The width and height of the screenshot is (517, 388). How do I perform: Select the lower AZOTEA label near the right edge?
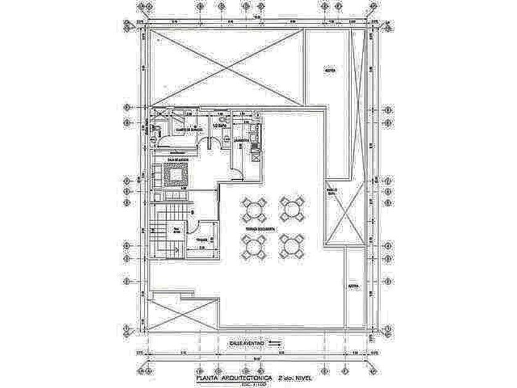[354, 286]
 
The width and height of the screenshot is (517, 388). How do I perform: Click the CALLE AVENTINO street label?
[246, 341]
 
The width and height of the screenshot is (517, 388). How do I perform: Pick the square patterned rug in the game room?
[175, 175]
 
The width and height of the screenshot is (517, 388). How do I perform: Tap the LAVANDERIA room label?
[241, 140]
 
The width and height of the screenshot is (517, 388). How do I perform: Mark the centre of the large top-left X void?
[227, 65]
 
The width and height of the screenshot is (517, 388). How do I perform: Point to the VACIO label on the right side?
[332, 192]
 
